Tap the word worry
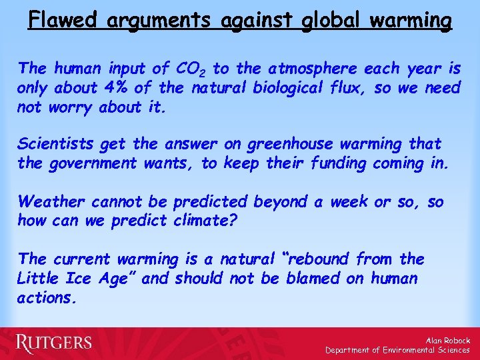pos(73,107)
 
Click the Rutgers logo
pos(54,343)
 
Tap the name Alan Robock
pos(447,341)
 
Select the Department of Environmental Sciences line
pos(398,350)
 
